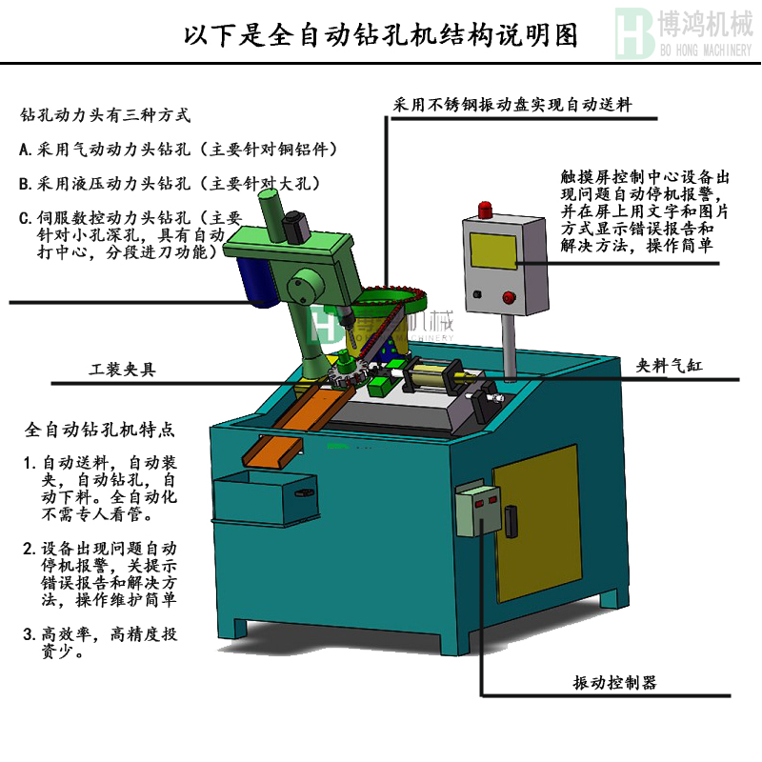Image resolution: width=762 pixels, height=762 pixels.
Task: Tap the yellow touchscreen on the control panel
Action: tap(492, 250)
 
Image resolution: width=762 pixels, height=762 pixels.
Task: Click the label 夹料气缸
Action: tap(673, 365)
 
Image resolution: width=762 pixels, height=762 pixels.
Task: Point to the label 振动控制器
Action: tap(614, 683)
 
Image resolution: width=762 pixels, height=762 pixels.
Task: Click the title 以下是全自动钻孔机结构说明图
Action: tap(381, 35)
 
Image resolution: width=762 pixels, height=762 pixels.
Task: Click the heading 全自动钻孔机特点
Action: tap(99, 431)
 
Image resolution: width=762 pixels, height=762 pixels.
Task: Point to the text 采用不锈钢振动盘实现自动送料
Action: tap(514, 105)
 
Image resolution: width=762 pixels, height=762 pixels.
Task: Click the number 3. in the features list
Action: tap(30, 634)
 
